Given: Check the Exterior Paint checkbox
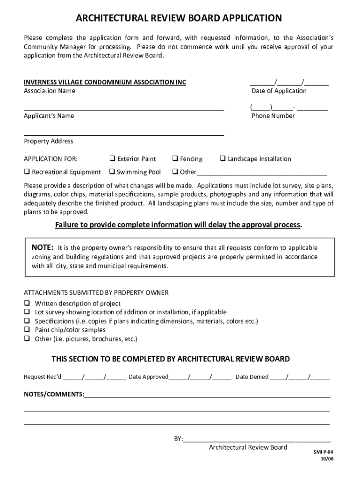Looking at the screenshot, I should point(112,159).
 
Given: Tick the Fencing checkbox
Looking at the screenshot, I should point(175,159).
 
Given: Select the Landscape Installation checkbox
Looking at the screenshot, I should point(223,159).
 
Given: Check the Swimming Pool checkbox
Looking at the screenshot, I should point(112,172).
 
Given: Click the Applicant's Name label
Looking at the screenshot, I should point(49,116).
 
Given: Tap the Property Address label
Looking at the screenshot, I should point(49,141).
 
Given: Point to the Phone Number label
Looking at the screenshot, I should point(273,116).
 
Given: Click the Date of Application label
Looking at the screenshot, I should point(279,91).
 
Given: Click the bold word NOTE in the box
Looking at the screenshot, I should point(42,247).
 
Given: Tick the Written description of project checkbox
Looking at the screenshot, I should point(27,304).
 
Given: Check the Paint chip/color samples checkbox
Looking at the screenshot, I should point(27,330).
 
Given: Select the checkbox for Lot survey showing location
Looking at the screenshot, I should point(27,312).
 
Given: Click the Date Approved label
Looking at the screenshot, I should point(148,377).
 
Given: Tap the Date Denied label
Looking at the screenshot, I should point(252,377).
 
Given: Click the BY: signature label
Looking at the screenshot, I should point(179,439).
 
